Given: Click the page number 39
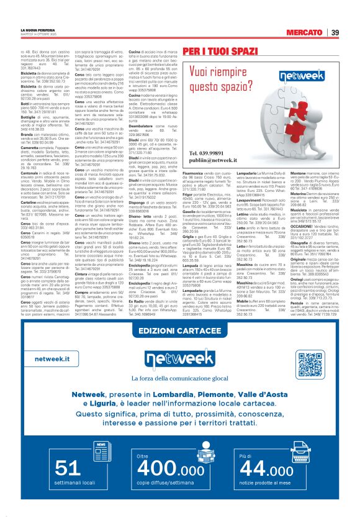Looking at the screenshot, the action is click(335, 33).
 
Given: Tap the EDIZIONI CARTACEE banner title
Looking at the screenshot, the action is click(180, 329).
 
